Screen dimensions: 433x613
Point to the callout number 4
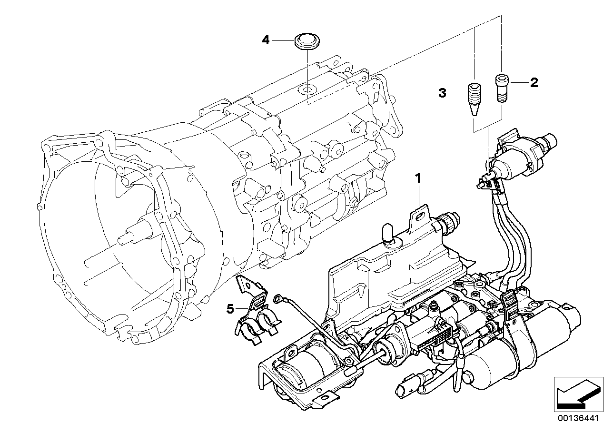266,40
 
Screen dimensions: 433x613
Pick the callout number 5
230,309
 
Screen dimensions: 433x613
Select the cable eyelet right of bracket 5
278,299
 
